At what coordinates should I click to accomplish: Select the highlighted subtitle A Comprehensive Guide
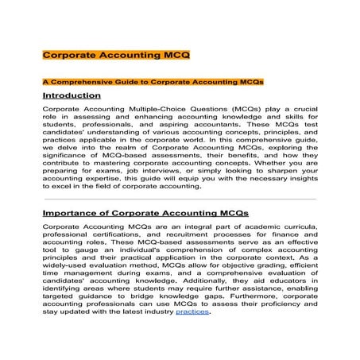coord(152,82)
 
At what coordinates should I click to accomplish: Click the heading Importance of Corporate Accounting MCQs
coord(145,213)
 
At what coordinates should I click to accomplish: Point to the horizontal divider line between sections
coord(179,199)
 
